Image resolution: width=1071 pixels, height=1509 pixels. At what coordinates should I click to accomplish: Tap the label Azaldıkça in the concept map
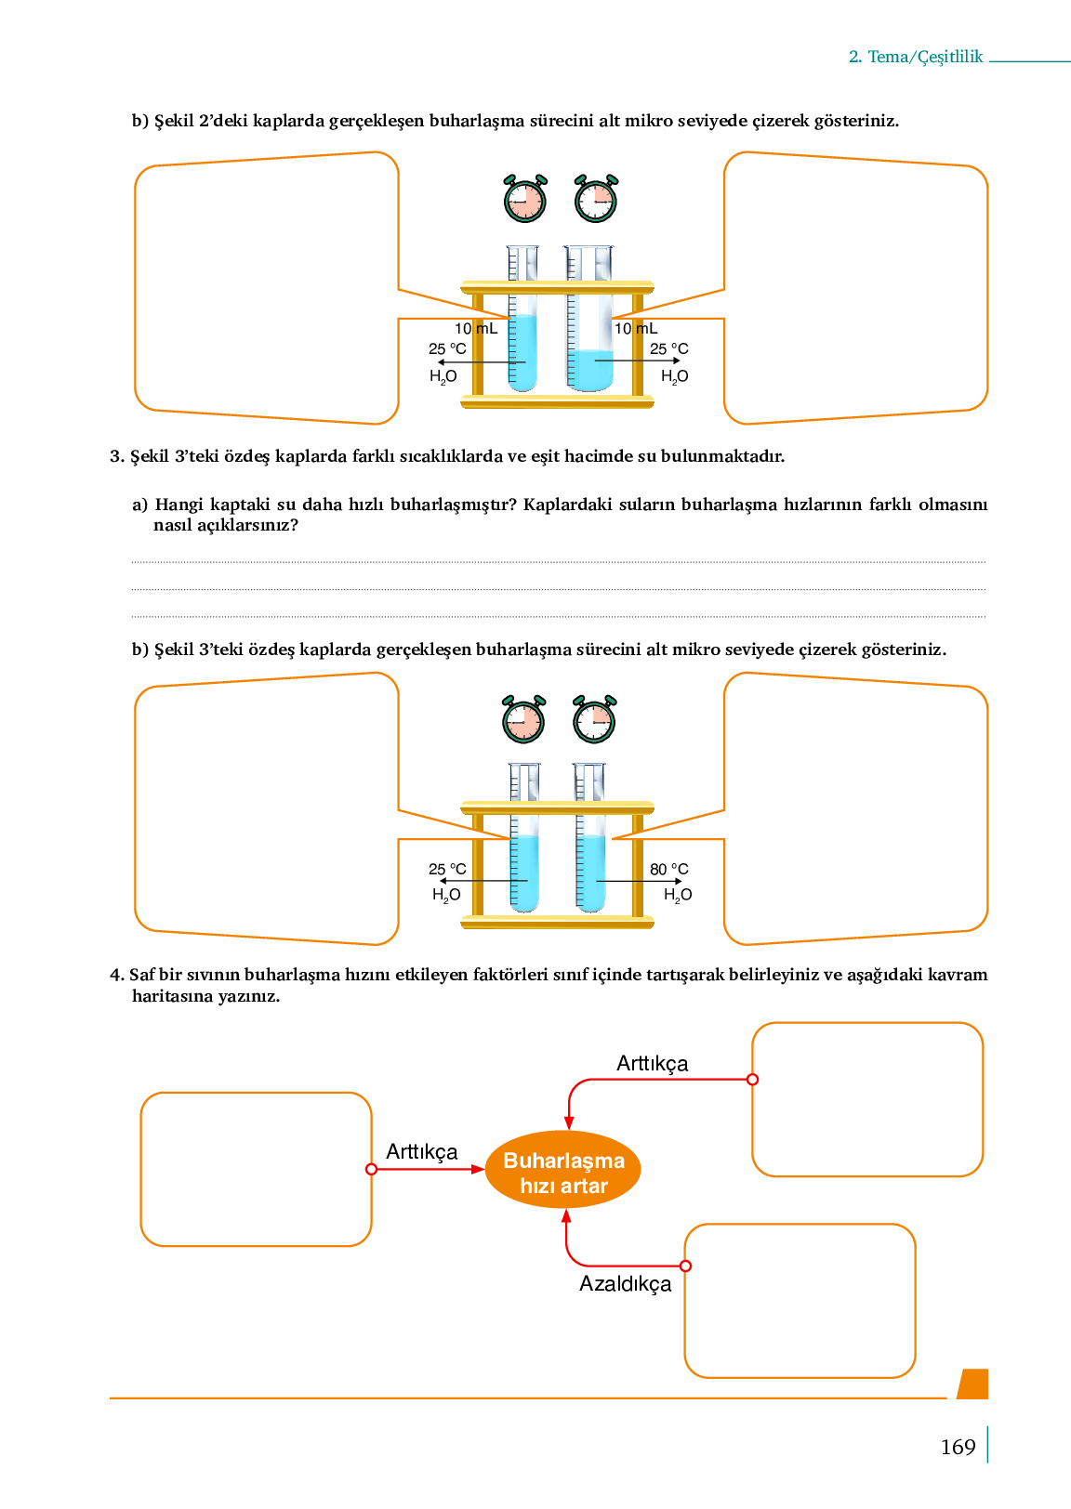click(625, 1284)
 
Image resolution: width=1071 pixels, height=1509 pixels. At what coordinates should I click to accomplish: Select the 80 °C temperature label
click(669, 870)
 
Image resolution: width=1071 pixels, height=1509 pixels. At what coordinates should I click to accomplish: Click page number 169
click(958, 1448)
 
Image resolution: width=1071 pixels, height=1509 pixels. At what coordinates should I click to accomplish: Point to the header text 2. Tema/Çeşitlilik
click(916, 57)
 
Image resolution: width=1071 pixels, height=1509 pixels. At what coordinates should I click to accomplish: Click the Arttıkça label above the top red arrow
click(653, 1064)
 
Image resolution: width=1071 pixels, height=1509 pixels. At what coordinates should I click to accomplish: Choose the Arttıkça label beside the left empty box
click(422, 1152)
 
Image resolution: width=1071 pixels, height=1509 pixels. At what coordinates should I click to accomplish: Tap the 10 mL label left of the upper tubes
click(476, 329)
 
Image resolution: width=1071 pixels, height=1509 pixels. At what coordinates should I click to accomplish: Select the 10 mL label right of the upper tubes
click(636, 329)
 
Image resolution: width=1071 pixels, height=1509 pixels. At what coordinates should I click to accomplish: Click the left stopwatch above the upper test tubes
click(525, 199)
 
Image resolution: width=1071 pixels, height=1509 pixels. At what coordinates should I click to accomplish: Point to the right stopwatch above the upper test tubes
click(596, 199)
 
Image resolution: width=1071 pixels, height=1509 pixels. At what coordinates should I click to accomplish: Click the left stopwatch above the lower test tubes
click(523, 719)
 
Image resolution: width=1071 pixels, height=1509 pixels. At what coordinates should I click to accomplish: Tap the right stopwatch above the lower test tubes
click(594, 719)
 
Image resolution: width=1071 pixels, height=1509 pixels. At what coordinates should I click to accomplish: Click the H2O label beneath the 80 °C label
click(678, 895)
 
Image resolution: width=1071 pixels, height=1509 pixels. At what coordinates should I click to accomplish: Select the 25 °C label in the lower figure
click(447, 870)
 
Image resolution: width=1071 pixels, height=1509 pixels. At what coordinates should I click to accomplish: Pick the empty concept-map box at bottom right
click(800, 1300)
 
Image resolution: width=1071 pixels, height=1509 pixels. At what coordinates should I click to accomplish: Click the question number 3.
click(116, 456)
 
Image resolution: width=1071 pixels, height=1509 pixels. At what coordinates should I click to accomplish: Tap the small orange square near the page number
click(973, 1384)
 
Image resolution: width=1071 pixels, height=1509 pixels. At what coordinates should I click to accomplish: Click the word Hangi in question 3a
click(178, 505)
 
